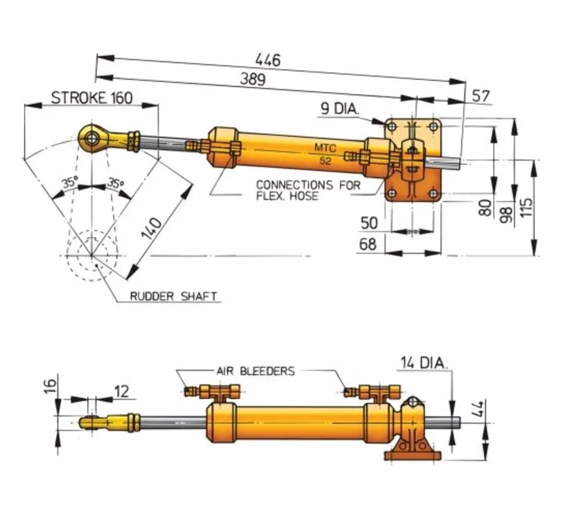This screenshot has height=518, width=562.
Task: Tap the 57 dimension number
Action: (481, 95)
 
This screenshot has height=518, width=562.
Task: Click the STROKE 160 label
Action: (92, 98)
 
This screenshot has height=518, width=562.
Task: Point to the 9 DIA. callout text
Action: (338, 109)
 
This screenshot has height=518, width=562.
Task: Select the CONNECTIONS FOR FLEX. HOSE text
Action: (308, 190)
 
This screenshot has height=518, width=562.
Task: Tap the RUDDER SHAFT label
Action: (173, 296)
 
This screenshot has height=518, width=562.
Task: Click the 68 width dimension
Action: (369, 244)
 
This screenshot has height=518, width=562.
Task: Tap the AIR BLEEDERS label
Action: (255, 371)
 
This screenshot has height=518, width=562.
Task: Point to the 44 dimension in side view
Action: (478, 407)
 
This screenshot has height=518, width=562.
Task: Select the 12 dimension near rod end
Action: (121, 391)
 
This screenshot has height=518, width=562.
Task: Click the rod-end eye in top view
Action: (93, 137)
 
